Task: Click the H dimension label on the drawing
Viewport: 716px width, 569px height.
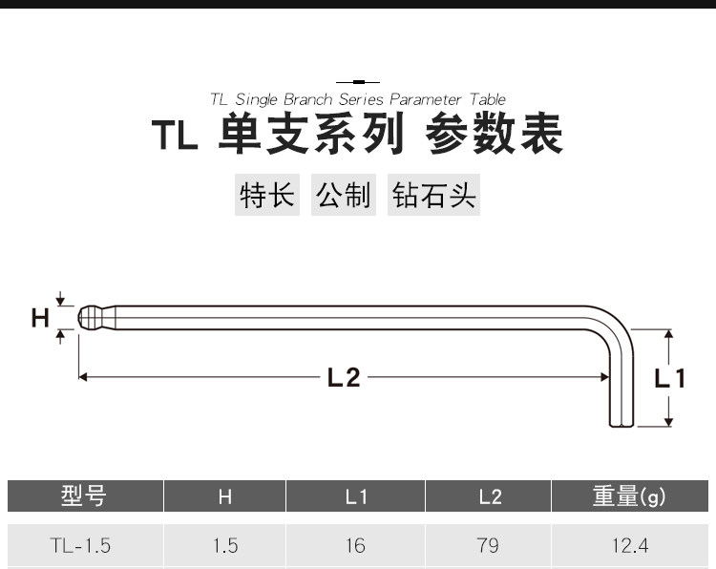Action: pyautogui.click(x=40, y=318)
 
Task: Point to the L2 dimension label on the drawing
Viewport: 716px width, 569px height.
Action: pyautogui.click(x=344, y=378)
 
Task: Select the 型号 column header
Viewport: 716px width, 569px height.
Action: pyautogui.click(x=84, y=496)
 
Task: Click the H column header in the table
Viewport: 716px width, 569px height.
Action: pyautogui.click(x=225, y=496)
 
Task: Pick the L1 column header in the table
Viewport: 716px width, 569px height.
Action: pyautogui.click(x=356, y=496)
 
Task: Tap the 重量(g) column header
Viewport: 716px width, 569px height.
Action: pyautogui.click(x=629, y=496)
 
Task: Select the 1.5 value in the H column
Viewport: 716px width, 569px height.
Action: pyautogui.click(x=225, y=546)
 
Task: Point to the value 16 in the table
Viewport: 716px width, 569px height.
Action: pyautogui.click(x=356, y=546)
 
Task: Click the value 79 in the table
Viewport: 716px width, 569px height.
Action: pyautogui.click(x=488, y=546)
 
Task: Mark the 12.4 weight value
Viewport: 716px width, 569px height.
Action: pyautogui.click(x=629, y=546)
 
